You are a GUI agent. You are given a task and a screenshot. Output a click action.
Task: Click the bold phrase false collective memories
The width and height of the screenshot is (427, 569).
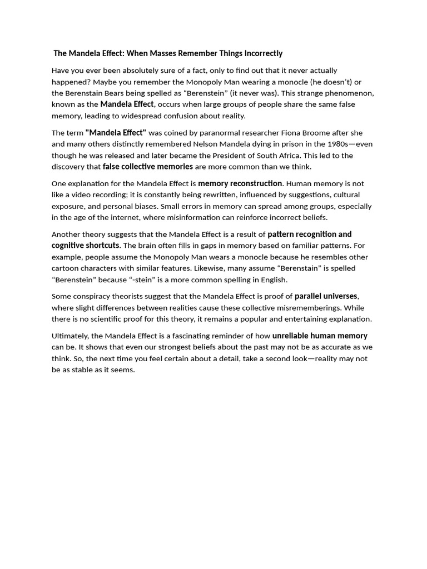[x=148, y=167]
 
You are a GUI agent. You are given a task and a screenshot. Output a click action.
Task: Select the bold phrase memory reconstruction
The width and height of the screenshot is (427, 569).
[x=240, y=183]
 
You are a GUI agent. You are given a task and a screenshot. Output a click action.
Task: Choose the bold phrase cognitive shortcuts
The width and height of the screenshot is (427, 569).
[x=86, y=246]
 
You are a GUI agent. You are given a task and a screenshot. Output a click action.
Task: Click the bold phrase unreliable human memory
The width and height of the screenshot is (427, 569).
[x=320, y=336]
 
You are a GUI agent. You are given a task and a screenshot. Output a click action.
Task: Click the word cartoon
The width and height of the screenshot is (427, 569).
[x=66, y=268]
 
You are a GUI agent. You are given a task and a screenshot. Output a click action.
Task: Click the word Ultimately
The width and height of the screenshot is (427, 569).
[x=70, y=336]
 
